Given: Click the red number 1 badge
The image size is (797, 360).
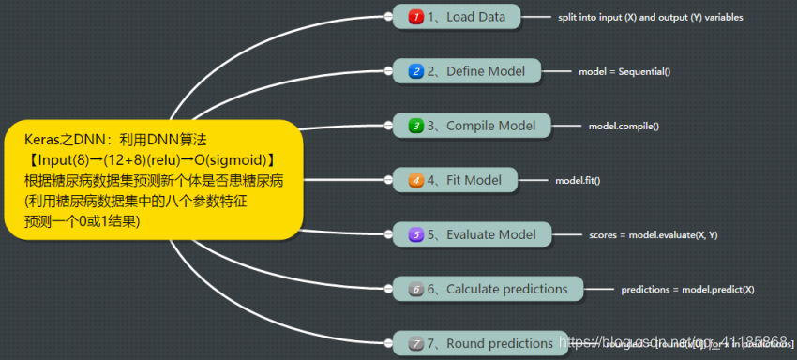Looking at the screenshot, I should tap(415, 17).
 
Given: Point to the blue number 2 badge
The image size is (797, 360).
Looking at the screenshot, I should tap(415, 71).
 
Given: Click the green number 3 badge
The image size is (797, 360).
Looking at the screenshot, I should tap(415, 126).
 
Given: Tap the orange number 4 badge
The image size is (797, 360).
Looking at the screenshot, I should tap(415, 180).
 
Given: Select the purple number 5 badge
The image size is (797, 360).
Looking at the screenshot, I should tap(415, 234).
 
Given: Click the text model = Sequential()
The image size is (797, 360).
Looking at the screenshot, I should tap(624, 71).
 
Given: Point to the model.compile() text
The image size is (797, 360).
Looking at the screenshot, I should tap(624, 126).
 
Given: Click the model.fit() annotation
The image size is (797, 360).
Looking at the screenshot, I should tap(578, 180).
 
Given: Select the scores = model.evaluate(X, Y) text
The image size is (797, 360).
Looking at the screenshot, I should tap(654, 234).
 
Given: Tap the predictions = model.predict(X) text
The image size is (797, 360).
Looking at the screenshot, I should tap(687, 290).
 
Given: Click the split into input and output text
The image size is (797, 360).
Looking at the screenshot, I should tap(651, 18).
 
